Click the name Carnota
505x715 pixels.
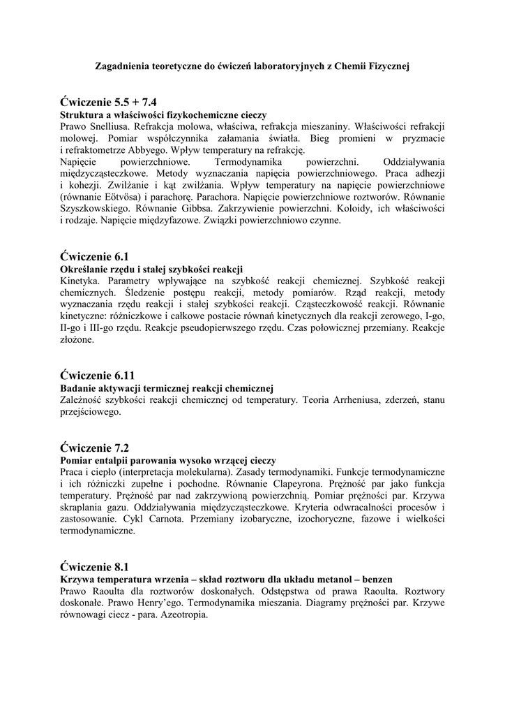point(166,519)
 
